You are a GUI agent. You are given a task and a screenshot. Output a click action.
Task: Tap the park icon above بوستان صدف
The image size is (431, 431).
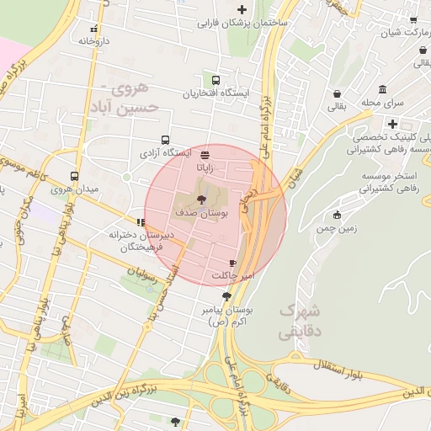(200, 200)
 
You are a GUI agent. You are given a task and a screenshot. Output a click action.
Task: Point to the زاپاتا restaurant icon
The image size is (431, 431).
(205, 153)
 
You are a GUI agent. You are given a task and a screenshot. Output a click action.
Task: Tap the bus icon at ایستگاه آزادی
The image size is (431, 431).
(164, 141)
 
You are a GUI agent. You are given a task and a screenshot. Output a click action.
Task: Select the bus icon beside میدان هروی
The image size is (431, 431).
(75, 177)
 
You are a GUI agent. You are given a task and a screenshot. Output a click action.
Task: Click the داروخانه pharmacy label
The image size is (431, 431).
(97, 39)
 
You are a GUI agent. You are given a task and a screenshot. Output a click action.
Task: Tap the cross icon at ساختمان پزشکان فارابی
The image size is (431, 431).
(242, 10)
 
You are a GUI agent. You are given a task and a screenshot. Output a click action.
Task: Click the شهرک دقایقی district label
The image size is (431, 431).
(300, 321)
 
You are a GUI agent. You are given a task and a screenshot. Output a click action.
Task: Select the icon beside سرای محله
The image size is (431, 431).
(383, 90)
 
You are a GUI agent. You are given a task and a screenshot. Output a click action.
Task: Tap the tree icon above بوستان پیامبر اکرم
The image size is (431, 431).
(226, 295)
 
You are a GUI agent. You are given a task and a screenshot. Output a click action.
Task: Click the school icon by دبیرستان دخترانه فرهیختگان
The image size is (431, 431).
(140, 223)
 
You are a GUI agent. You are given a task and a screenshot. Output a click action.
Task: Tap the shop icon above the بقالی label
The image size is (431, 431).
(338, 93)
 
